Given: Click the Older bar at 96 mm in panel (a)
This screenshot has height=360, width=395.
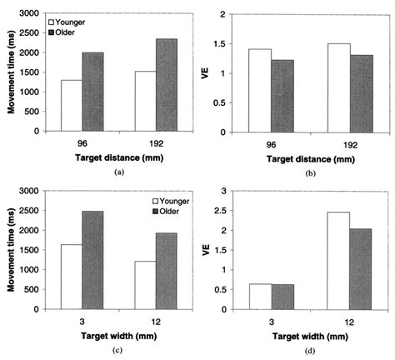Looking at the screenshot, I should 92,92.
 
